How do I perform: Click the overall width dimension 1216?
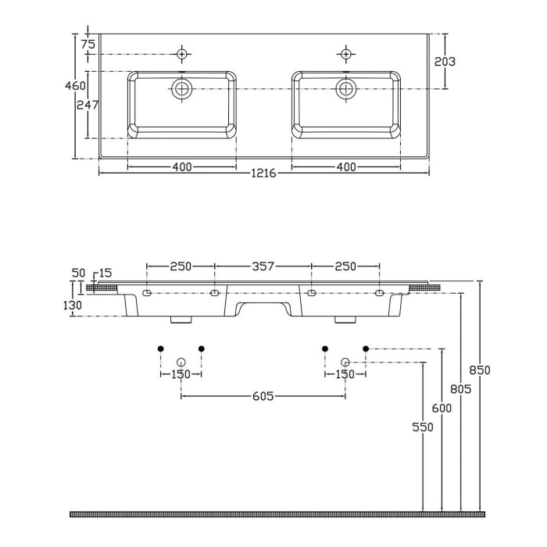(x=263, y=173)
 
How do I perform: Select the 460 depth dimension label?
(x=75, y=86)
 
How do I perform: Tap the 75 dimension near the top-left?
(x=88, y=45)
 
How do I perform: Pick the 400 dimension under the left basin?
(x=181, y=166)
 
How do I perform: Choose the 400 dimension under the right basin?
(x=346, y=166)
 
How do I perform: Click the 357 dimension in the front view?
(x=263, y=266)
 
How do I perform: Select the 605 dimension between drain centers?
(x=263, y=396)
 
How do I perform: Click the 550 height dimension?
(x=423, y=427)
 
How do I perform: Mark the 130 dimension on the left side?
(x=73, y=306)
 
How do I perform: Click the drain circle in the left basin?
(x=182, y=88)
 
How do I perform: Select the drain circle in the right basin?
(x=346, y=88)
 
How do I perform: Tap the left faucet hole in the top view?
(x=182, y=54)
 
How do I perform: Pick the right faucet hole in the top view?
(x=345, y=54)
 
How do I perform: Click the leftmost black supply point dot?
(x=160, y=348)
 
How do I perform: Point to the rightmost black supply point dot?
(x=365, y=348)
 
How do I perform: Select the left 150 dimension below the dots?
(x=181, y=374)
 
